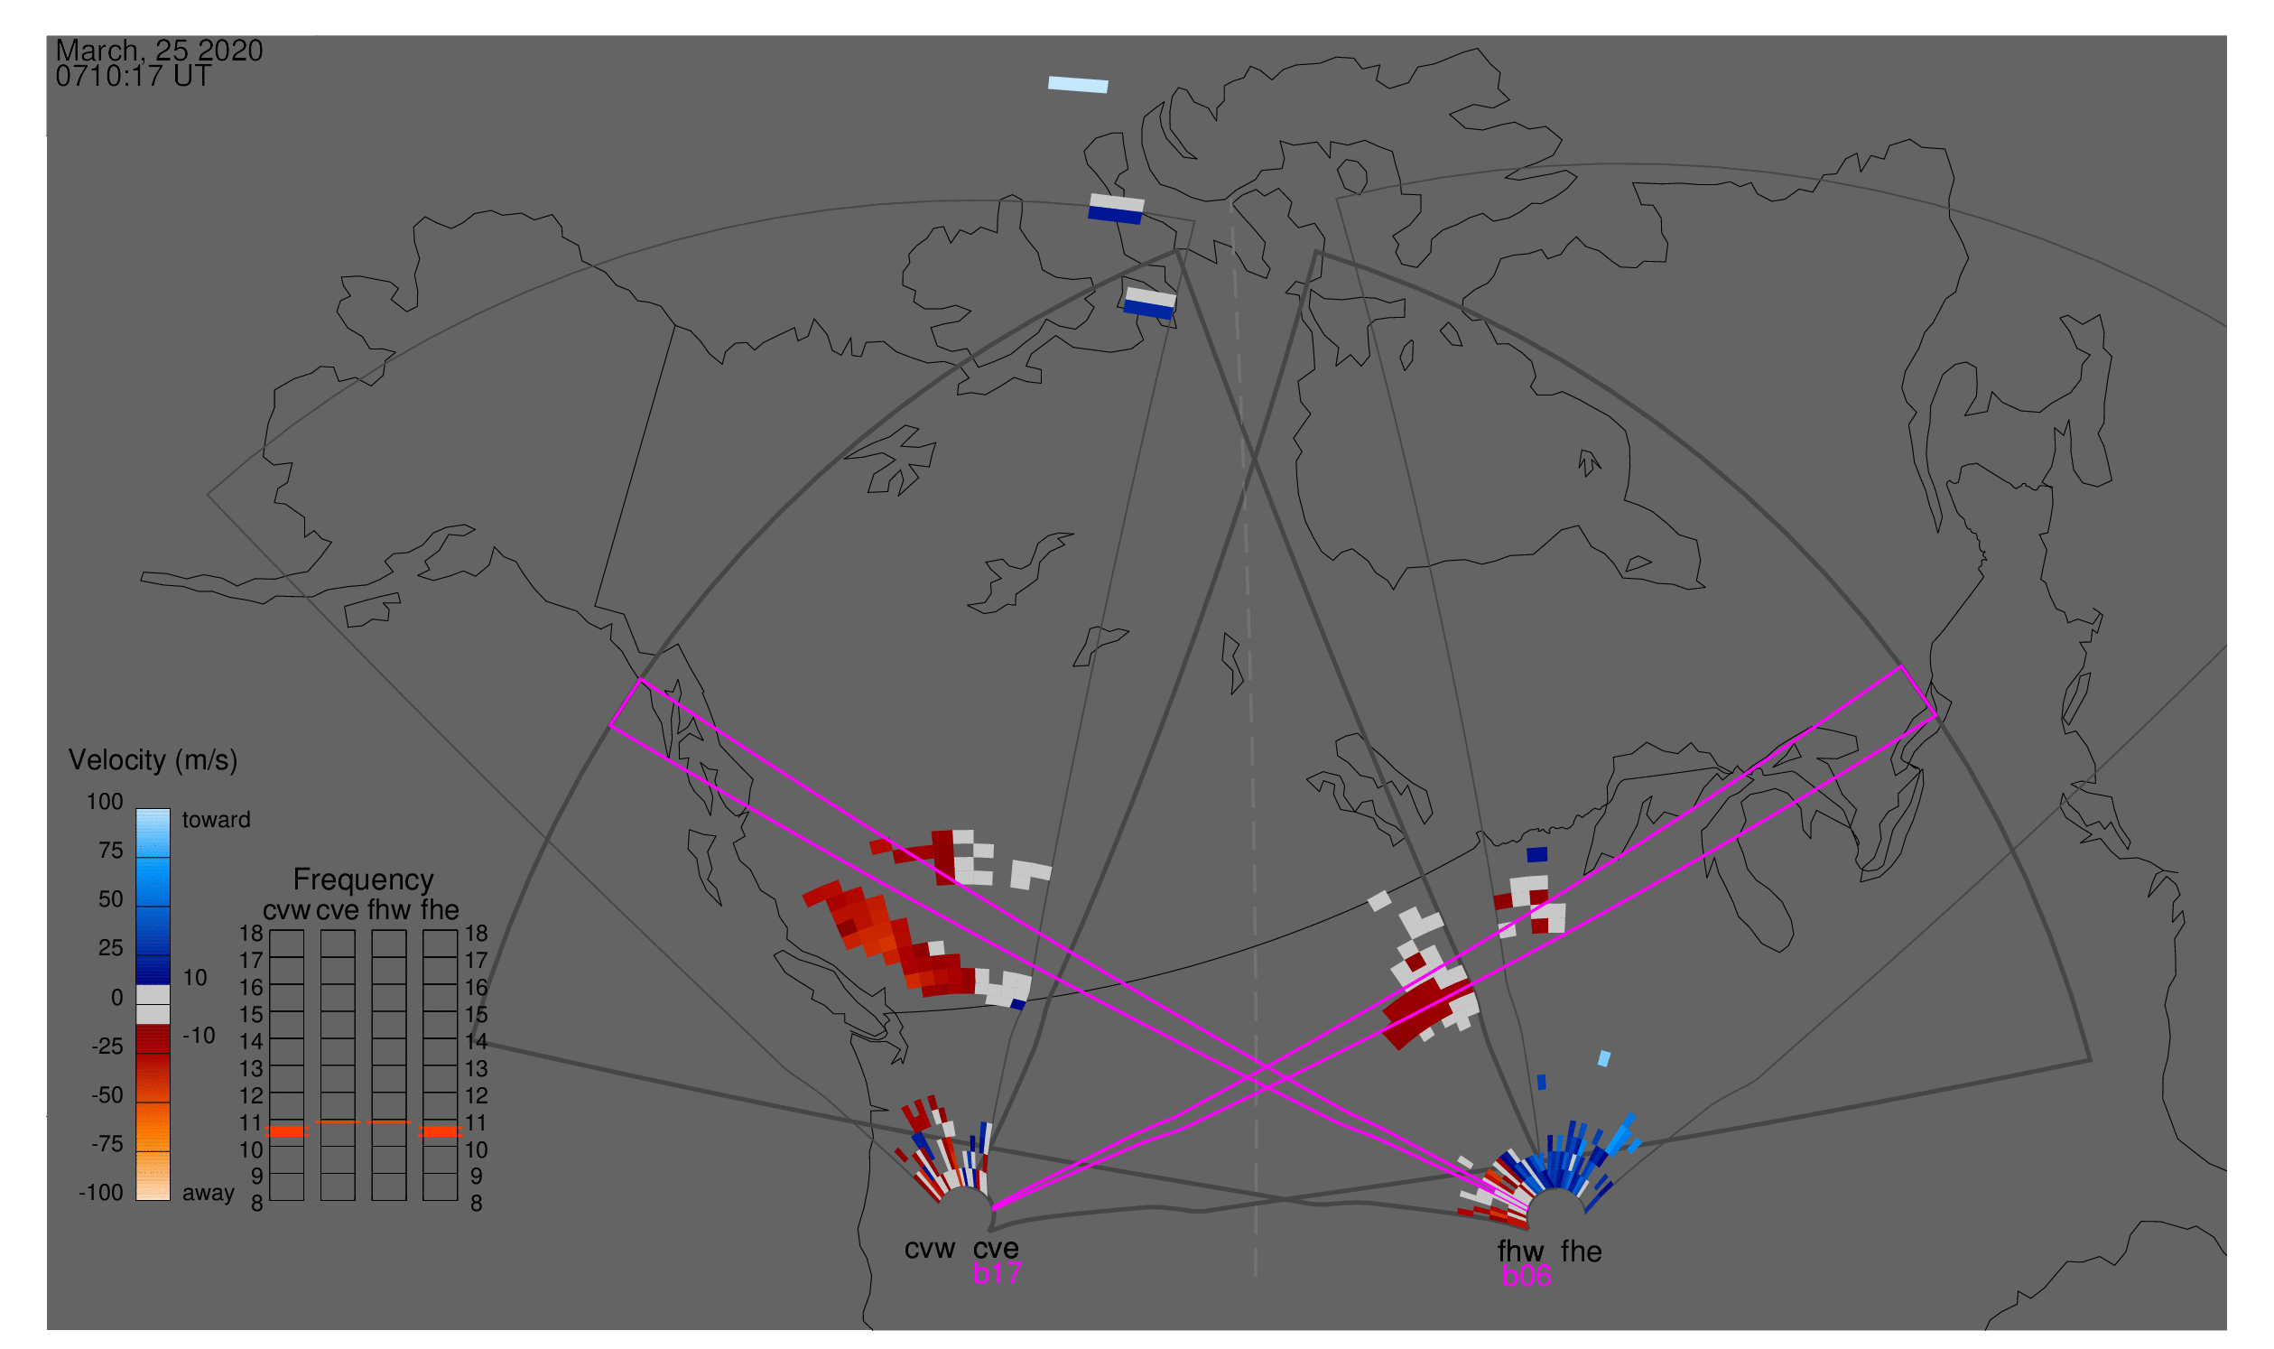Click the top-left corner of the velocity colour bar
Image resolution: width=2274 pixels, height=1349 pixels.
[136, 809]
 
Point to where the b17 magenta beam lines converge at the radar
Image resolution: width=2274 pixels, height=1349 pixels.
[992, 1208]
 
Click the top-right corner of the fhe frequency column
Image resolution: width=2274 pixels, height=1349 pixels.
[457, 931]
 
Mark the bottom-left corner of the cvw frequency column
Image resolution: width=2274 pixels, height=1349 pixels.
[270, 1201]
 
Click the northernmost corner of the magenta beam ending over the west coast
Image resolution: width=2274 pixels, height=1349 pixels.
[641, 679]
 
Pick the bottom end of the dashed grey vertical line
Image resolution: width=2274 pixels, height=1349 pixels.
[1255, 1276]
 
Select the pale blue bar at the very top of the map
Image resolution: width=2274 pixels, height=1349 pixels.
[1078, 85]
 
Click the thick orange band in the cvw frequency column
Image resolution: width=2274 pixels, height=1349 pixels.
[287, 1131]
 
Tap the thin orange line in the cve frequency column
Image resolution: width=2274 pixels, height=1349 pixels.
[338, 1122]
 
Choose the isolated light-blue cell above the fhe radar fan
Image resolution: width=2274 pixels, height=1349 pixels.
[1604, 1059]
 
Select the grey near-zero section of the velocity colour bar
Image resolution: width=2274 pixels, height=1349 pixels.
[153, 1005]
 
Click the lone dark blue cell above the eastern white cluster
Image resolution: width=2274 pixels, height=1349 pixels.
[1536, 854]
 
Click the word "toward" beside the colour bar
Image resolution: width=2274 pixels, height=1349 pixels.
[217, 820]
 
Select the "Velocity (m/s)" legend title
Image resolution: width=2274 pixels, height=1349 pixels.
[153, 760]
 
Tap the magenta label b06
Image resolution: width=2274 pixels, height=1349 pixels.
[1526, 1276]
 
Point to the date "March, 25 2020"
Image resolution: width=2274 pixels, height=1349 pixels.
[159, 50]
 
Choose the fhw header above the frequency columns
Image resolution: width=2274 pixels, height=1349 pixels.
[388, 910]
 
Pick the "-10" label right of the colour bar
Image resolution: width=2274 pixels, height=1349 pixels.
[199, 1036]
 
